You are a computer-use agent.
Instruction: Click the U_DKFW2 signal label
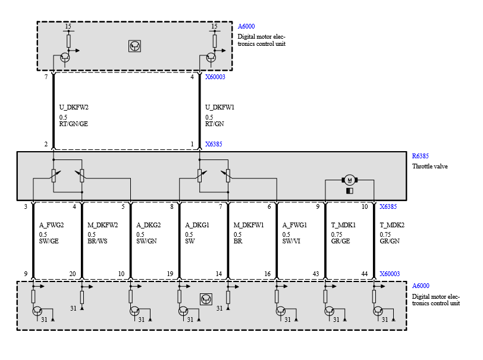point(74,108)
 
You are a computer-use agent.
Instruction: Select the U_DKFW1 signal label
point(220,108)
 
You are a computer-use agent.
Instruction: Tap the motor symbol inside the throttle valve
point(349,180)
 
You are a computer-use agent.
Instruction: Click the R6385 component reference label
point(421,156)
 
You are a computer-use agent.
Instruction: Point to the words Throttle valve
point(430,166)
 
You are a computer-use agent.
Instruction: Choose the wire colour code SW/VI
point(292,242)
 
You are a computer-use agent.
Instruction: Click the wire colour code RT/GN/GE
point(73,125)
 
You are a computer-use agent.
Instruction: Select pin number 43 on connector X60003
point(316,274)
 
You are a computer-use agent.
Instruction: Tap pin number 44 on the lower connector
point(365,274)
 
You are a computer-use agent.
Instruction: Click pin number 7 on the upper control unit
point(46,77)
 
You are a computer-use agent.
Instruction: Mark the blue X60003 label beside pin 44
point(390,274)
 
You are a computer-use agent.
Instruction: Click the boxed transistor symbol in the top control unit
point(135,46)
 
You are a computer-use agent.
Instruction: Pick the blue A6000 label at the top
point(247,27)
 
